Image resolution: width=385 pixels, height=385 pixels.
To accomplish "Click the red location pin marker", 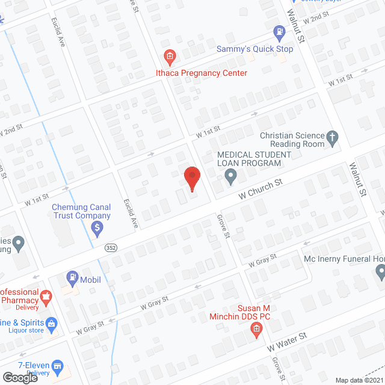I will [191, 179].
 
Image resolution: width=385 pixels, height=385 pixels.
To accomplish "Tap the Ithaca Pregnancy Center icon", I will [170, 57].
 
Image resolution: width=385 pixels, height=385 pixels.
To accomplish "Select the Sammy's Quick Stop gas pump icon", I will [279, 32].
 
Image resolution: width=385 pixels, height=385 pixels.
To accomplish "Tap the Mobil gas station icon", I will [72, 279].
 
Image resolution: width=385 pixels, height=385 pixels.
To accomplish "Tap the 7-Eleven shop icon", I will [58, 366].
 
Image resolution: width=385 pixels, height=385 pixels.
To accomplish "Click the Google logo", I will [20, 377].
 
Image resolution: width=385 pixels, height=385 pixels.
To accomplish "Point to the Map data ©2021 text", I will [359, 380].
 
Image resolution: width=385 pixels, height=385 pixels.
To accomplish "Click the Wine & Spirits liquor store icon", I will [51, 324].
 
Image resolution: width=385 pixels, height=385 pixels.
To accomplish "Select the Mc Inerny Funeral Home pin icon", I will [380, 273].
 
